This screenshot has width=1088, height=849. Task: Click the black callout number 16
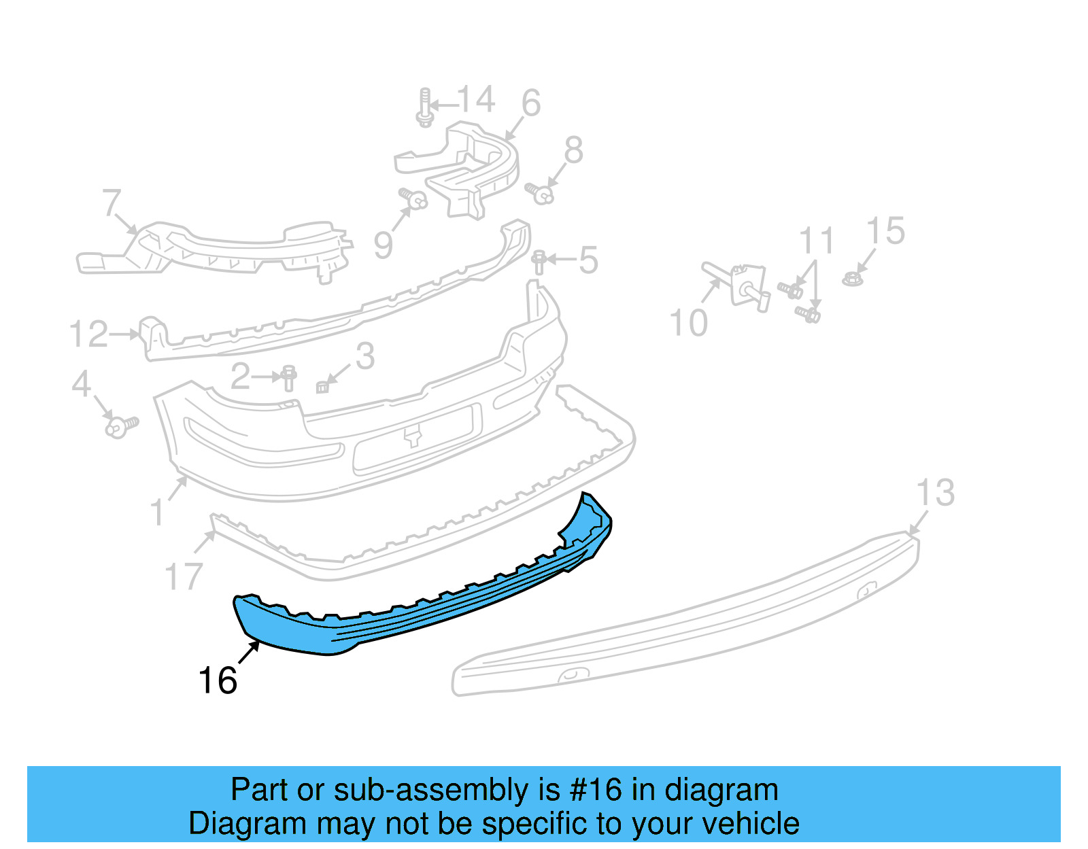click(x=218, y=680)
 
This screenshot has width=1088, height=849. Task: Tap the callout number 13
click(x=936, y=493)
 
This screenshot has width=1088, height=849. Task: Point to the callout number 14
click(x=476, y=100)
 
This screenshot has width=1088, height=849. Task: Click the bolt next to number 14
click(x=425, y=107)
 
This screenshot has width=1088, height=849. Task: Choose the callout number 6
click(x=531, y=103)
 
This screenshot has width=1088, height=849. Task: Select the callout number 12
click(x=88, y=334)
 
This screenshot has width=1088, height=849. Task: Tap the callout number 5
click(x=588, y=260)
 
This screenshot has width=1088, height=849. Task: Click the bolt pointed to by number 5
click(x=539, y=262)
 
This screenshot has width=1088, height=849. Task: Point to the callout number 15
click(x=886, y=231)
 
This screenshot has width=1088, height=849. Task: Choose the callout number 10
click(x=688, y=323)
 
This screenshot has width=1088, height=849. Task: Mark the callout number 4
click(x=81, y=384)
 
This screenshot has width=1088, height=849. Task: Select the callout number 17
click(x=184, y=576)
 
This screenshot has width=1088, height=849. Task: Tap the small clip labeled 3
click(x=323, y=387)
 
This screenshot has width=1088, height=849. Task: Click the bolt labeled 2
click(x=289, y=377)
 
